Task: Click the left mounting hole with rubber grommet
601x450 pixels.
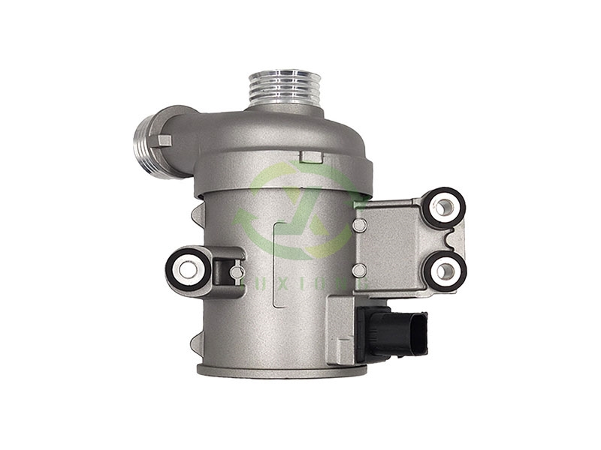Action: click(x=187, y=268)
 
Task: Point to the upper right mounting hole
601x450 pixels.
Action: click(x=444, y=205)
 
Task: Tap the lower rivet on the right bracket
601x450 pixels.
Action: click(x=359, y=269)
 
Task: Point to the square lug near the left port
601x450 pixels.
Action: click(x=165, y=139)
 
